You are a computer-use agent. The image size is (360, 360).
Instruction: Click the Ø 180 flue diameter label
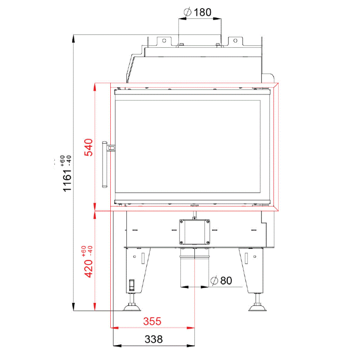tap(198, 12)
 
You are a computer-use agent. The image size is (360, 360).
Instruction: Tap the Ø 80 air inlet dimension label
tap(221, 280)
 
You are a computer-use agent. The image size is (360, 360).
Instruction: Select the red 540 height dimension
tap(88, 148)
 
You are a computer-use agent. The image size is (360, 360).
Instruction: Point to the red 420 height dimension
tap(88, 268)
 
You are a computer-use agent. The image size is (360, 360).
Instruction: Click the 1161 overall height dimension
tap(67, 180)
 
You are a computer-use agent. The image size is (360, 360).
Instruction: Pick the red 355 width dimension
tap(152, 321)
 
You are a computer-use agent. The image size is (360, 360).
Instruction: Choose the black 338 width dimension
tap(153, 339)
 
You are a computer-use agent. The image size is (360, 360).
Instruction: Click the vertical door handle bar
tap(104, 165)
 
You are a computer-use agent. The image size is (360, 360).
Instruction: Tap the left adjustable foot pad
tap(132, 307)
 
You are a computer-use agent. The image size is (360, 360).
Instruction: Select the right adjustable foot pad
tap(257, 307)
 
